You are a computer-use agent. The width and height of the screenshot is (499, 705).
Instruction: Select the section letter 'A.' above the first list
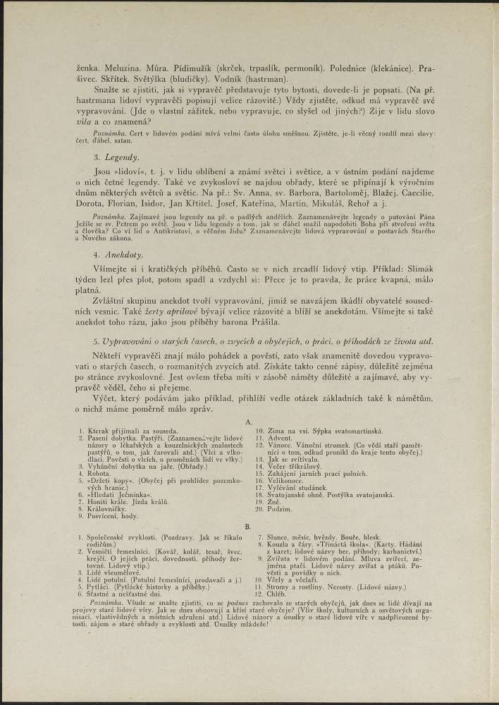click(249, 421)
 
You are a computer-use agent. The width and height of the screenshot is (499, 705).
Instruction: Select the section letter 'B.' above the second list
click(248, 526)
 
